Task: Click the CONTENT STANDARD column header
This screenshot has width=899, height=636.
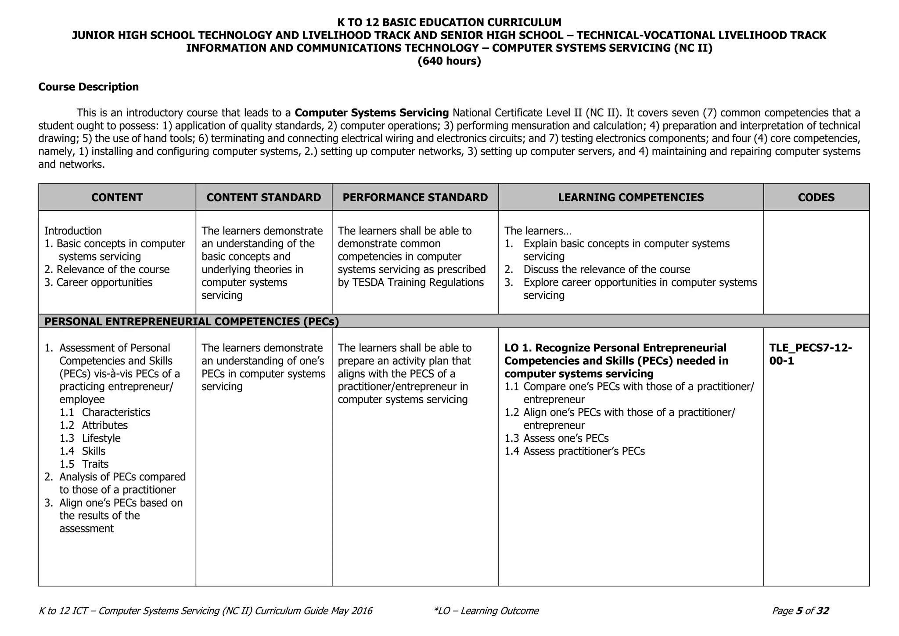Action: click(263, 198)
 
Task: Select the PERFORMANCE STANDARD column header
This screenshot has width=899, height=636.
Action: click(415, 198)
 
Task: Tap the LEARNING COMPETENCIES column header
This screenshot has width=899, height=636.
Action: click(631, 198)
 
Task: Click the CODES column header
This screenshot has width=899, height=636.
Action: click(816, 198)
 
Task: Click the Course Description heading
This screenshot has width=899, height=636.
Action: click(88, 87)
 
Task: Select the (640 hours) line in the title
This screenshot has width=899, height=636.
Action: click(449, 61)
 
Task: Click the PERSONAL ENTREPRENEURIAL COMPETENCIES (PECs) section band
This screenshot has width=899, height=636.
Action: click(192, 322)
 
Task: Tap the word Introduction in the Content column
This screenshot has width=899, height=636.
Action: click(73, 231)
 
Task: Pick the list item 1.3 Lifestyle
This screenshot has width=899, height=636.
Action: click(90, 438)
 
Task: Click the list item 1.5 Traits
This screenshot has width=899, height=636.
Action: click(84, 464)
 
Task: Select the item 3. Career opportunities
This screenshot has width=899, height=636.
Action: click(99, 282)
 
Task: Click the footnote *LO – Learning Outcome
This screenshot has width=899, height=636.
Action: click(485, 611)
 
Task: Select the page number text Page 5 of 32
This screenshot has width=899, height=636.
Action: click(800, 611)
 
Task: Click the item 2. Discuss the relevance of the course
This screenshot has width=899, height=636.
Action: click(597, 270)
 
